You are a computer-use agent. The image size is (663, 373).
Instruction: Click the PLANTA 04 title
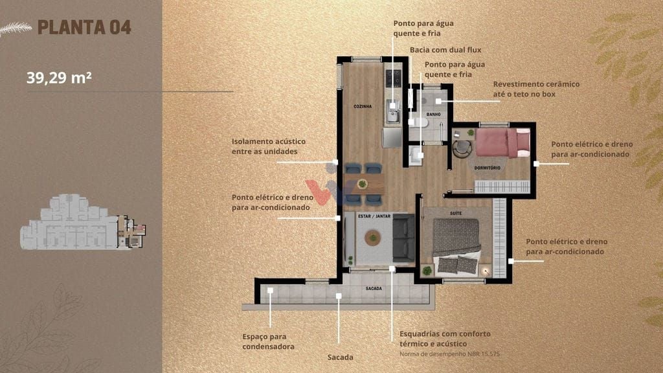point(84,27)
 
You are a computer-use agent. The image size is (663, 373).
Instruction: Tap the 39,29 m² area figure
point(59,78)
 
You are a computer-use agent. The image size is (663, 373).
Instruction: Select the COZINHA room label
point(363,107)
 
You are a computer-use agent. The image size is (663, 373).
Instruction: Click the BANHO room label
point(433,114)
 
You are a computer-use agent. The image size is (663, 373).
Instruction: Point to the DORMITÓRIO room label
point(487,168)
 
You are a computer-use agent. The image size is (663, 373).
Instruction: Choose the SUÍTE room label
point(456,214)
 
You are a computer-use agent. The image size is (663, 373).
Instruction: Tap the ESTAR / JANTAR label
point(374,216)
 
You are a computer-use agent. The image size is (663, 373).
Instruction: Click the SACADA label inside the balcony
point(374,288)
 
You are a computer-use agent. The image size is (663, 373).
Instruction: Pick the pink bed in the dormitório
point(502,143)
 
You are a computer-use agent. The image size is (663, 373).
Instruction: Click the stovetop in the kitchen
point(393,78)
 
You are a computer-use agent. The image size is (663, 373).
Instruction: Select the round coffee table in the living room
point(373,238)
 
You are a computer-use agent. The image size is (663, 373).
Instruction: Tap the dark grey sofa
point(404,238)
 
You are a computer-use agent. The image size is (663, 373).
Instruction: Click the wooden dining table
point(363,185)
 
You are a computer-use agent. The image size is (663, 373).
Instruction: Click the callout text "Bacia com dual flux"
point(445,50)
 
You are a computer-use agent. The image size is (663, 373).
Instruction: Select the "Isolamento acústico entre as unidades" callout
point(269,146)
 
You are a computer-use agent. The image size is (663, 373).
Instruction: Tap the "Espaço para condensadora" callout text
point(268,342)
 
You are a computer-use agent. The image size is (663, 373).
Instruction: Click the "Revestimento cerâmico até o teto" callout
point(536,89)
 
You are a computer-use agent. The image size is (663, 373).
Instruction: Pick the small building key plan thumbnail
point(83,222)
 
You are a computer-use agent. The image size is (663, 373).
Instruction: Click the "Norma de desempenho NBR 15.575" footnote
point(449,354)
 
